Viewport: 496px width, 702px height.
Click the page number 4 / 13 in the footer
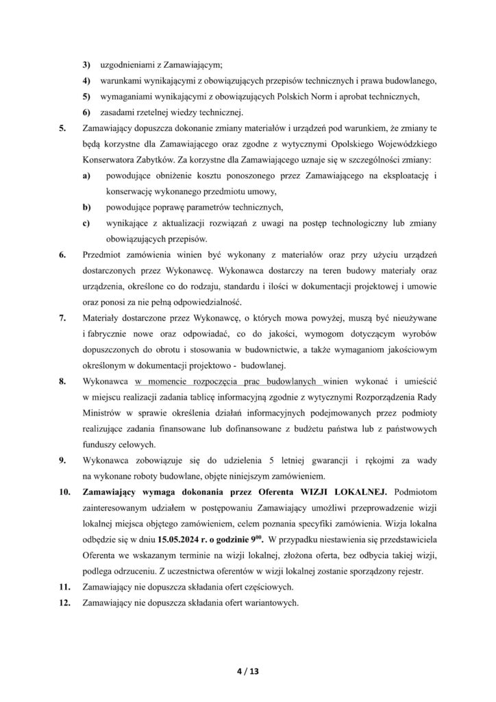click(x=248, y=670)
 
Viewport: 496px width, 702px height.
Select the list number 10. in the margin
click(x=65, y=492)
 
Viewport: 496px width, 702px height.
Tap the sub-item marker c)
click(x=86, y=222)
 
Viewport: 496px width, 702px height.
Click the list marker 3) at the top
click(x=86, y=65)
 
